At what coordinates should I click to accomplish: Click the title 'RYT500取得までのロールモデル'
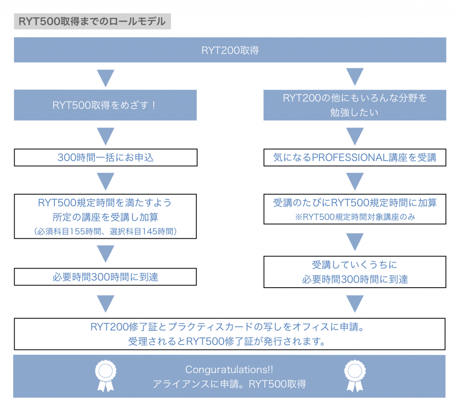92,21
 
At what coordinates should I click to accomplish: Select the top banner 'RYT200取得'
230,50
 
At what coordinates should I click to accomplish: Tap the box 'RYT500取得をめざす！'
105,105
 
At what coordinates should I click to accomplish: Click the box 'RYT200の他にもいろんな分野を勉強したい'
355,105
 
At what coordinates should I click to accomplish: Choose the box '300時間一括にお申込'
105,157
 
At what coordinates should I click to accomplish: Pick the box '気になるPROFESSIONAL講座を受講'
355,157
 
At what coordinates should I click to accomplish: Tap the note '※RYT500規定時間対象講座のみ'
355,217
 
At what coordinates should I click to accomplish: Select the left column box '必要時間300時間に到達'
105,277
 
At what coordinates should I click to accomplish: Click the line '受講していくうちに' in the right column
355,265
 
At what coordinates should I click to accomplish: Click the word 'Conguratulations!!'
229,370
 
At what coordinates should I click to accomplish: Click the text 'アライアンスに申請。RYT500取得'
229,384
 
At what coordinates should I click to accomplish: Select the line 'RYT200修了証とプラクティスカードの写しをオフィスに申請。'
230,327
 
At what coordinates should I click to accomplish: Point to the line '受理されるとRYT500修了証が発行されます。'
230,341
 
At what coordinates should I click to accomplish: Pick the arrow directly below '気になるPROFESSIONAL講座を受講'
355,181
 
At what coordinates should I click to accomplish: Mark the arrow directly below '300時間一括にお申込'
105,181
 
